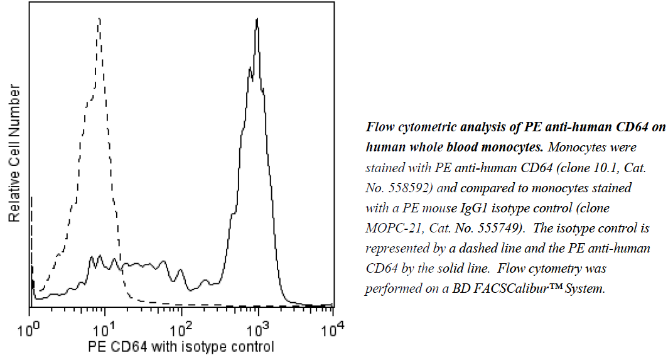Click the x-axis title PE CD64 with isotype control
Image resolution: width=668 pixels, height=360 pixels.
point(181,346)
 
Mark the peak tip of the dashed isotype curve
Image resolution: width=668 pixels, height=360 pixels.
point(99,19)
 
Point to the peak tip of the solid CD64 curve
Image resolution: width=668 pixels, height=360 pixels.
point(257,19)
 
